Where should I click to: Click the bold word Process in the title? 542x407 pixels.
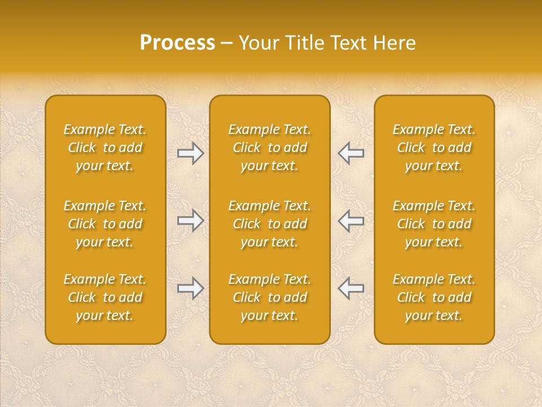click(177, 43)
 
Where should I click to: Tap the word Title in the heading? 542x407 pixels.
click(301, 43)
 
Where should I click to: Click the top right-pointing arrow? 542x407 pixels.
click(190, 153)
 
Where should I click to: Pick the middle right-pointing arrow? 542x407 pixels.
click(190, 220)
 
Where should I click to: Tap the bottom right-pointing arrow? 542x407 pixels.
click(190, 288)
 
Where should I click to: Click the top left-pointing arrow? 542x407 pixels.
click(351, 153)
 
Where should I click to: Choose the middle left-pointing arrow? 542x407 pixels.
click(351, 220)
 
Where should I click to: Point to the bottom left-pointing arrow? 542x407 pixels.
click(351, 288)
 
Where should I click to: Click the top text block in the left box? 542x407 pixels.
click(105, 148)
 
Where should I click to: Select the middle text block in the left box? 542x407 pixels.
click(105, 224)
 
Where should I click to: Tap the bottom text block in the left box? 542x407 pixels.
click(105, 297)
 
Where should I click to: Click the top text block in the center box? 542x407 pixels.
click(270, 148)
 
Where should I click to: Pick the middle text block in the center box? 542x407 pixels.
click(270, 224)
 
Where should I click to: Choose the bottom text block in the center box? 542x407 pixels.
click(270, 297)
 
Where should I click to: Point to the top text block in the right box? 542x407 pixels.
click(434, 148)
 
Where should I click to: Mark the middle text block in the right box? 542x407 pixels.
click(434, 224)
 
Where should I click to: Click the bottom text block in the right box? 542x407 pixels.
click(434, 297)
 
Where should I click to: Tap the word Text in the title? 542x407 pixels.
click(347, 43)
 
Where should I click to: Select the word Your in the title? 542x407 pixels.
click(257, 43)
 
